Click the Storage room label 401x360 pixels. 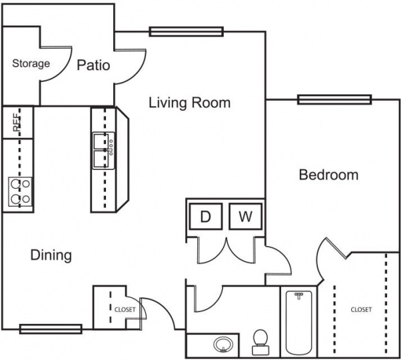pos(31,64)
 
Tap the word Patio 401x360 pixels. pos(93,65)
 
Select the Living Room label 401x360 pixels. pos(189,102)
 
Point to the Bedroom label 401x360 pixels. pos(328,175)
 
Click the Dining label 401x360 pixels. pos(51,255)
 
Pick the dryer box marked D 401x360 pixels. pos(206,216)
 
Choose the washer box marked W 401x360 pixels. pos(246,216)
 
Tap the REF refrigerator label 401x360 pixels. pos(17,123)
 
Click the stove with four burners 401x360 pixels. pos(19,191)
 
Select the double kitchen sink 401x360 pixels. pos(102,151)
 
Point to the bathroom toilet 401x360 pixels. pos(260,341)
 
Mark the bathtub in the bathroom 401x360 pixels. pos(299,321)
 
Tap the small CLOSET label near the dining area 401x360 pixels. pos(125,309)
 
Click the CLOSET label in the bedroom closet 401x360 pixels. pos(360,309)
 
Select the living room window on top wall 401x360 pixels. pos(185,31)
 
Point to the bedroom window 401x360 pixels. pos(334,100)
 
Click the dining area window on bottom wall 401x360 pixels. pos(51,328)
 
